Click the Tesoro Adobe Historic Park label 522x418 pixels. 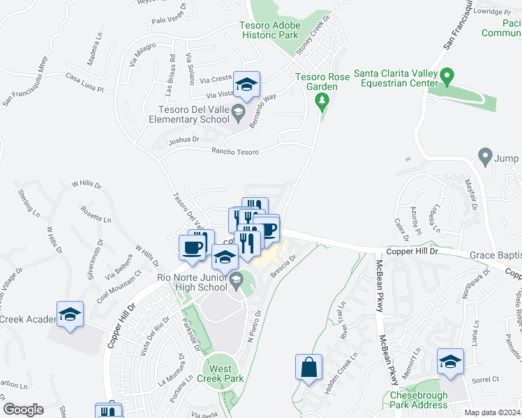pos(269,29)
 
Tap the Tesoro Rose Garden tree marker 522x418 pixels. pos(321,103)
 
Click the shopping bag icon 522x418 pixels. pos(308,366)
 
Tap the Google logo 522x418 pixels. pos(23,410)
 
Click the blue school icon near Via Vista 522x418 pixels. pos(246,85)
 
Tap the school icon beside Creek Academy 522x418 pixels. pos(70,315)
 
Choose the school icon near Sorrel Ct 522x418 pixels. pos(450,362)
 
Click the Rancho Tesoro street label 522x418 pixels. pos(234,152)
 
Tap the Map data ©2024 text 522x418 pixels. pos(493,412)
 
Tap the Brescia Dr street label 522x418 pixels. pos(284,266)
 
